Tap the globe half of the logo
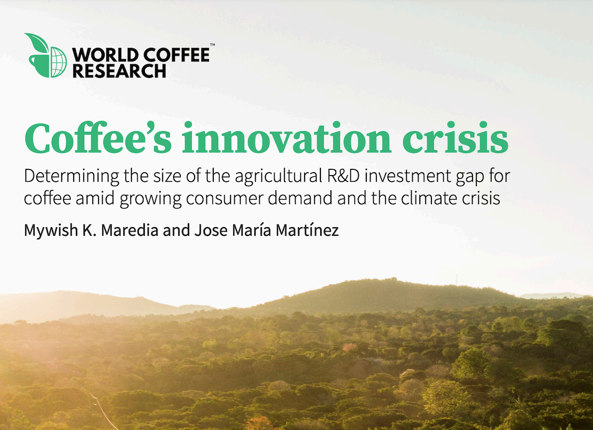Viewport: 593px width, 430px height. pos(58,63)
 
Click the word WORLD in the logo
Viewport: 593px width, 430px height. pos(105,55)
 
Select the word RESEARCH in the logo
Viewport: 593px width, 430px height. pos(120,71)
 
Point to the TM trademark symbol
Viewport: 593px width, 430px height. pos(212,45)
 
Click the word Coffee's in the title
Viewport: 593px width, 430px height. pos(98,138)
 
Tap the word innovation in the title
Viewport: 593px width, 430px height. pos(287,138)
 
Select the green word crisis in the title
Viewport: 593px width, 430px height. pos(455,138)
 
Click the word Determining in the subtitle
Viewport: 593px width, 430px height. pos(71,176)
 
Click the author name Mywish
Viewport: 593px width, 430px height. pos(51,231)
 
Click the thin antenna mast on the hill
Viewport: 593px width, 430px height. pos(456,280)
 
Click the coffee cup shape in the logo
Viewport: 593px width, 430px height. pos(39,66)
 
